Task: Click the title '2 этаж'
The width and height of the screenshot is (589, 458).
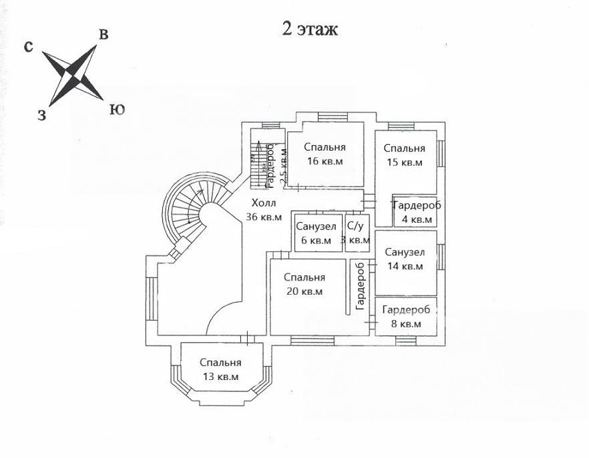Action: (x=309, y=29)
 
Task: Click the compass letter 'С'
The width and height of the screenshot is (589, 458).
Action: (x=29, y=47)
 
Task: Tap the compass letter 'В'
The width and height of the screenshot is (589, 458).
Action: (x=104, y=35)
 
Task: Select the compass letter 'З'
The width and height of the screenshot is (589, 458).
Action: (x=41, y=115)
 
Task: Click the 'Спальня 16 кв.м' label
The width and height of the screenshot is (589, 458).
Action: (x=324, y=154)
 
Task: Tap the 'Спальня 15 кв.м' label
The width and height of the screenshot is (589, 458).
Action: (x=404, y=155)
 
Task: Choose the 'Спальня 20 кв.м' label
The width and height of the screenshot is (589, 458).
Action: (x=304, y=284)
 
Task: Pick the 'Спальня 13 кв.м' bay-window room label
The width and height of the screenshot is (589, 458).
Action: (x=220, y=369)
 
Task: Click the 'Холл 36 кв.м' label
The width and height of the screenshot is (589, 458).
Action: (x=262, y=209)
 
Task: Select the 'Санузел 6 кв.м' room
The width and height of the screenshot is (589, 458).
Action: (x=316, y=233)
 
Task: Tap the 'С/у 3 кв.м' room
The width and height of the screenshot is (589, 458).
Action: (x=356, y=233)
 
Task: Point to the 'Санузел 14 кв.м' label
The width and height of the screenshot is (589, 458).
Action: (x=405, y=259)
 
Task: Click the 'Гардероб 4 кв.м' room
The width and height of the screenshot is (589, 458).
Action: (x=416, y=212)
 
